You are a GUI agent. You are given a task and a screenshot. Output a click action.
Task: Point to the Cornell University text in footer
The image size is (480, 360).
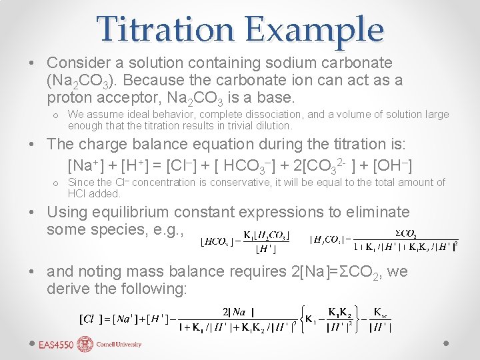pyautogui.click(x=119, y=345)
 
